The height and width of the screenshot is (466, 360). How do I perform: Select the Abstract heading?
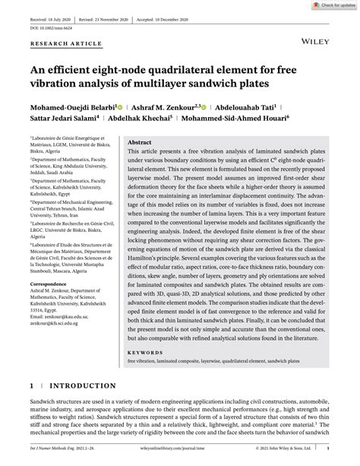pos(140,142)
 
